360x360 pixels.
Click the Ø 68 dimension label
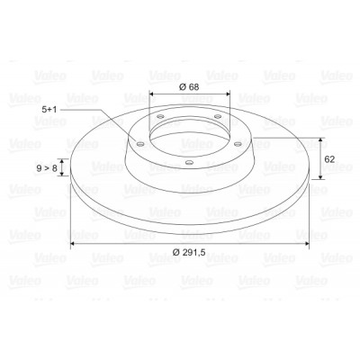pos(189,87)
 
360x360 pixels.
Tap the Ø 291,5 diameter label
pos(189,252)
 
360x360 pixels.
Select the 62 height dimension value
pos(329,159)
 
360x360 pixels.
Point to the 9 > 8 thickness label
pos(47,168)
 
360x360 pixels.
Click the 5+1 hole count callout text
pos(49,110)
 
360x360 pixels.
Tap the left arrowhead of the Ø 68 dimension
pos(152,94)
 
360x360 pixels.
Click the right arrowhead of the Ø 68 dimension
pos(227,94)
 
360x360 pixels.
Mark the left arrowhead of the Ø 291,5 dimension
pos(73,244)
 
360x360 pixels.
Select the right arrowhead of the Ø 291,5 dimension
pos(306,244)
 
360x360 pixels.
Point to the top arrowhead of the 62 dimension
pos(321,140)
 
